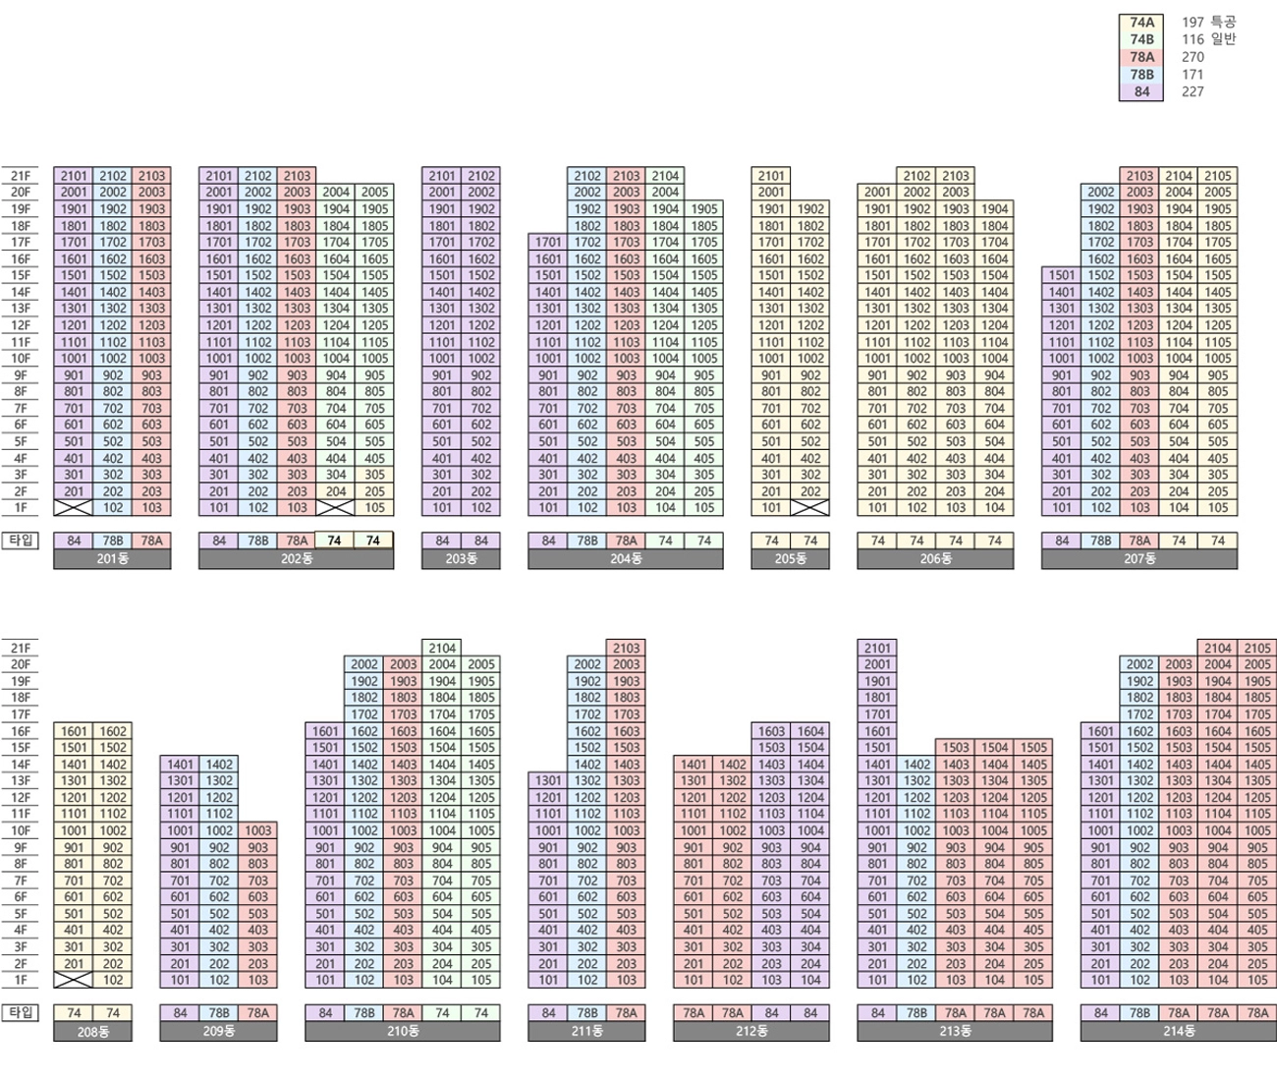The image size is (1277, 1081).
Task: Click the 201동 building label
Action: [112, 559]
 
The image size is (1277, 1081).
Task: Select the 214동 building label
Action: [1178, 1031]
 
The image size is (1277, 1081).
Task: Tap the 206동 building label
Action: [935, 559]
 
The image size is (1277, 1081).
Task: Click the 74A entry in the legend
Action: [1141, 23]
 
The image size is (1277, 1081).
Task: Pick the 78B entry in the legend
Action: [1141, 75]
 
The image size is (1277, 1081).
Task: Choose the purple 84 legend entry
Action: [1141, 91]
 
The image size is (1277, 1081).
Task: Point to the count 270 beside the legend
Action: [1193, 57]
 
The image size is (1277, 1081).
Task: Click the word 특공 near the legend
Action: [1223, 22]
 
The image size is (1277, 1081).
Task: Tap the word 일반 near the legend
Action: [1223, 39]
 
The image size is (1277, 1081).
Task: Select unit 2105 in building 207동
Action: [1217, 176]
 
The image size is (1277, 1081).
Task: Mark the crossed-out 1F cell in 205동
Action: [809, 508]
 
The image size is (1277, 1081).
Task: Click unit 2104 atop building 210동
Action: [442, 649]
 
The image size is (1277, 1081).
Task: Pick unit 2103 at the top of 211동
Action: [626, 649]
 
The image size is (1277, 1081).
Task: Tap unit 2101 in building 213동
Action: [876, 649]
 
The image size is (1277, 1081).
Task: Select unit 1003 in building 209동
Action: [257, 830]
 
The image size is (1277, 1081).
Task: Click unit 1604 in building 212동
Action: [809, 731]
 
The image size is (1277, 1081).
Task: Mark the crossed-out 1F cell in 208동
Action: [74, 980]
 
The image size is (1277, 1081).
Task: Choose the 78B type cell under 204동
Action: [586, 540]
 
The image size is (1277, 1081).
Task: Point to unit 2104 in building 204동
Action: [665, 176]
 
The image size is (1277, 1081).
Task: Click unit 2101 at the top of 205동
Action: [771, 176]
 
